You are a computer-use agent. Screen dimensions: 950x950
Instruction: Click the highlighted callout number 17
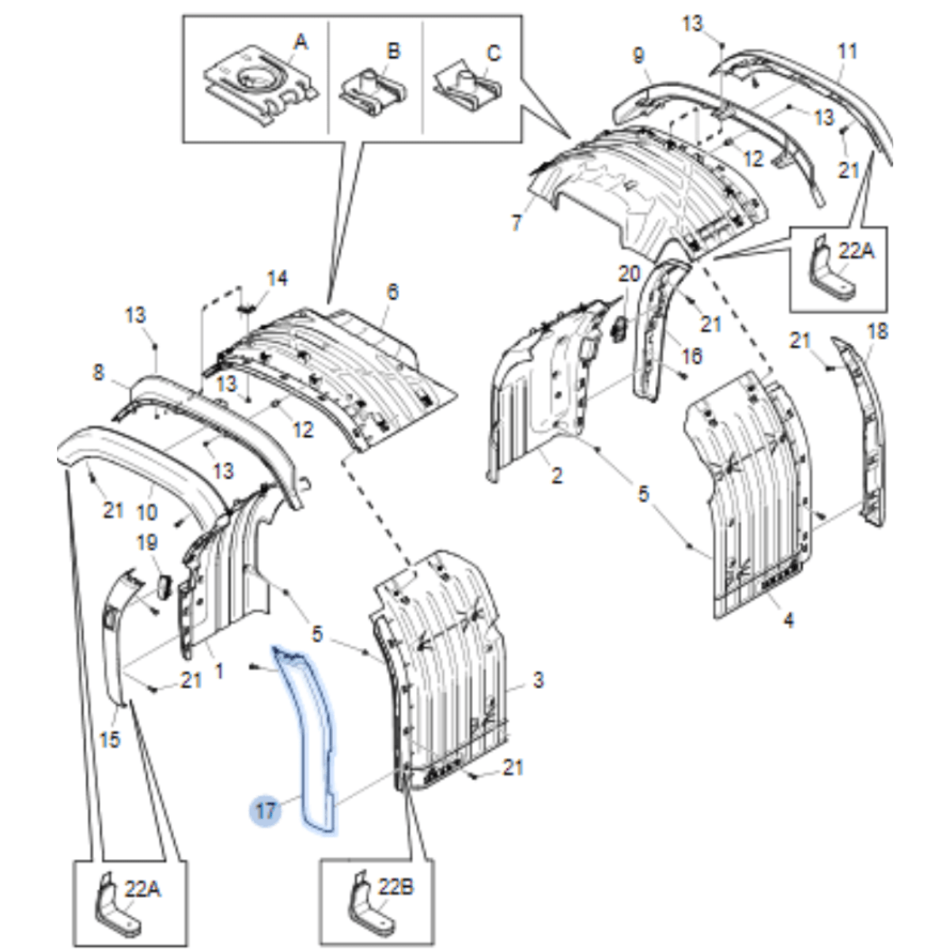(x=266, y=811)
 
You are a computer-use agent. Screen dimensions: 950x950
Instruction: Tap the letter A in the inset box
(x=300, y=42)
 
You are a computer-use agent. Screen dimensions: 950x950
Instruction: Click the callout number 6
(x=393, y=292)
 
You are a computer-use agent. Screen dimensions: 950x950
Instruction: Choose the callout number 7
(x=517, y=222)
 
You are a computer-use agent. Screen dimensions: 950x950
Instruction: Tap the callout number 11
(x=847, y=52)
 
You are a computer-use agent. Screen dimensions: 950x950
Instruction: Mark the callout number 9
(x=638, y=55)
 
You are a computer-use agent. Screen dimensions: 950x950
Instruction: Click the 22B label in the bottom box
(x=396, y=888)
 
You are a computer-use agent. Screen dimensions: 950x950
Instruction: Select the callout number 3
(x=538, y=679)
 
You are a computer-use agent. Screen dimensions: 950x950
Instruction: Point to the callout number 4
(x=789, y=619)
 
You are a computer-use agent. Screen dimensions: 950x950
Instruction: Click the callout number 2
(x=557, y=475)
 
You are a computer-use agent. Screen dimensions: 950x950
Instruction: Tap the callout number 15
(x=110, y=739)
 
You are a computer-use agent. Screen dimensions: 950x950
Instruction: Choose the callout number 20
(x=629, y=274)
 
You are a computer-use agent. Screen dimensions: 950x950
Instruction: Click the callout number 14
(x=277, y=278)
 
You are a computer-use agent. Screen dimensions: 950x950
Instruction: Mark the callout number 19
(x=147, y=543)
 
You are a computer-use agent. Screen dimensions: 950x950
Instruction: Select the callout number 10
(x=147, y=513)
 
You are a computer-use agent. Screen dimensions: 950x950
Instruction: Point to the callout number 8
(x=98, y=372)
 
